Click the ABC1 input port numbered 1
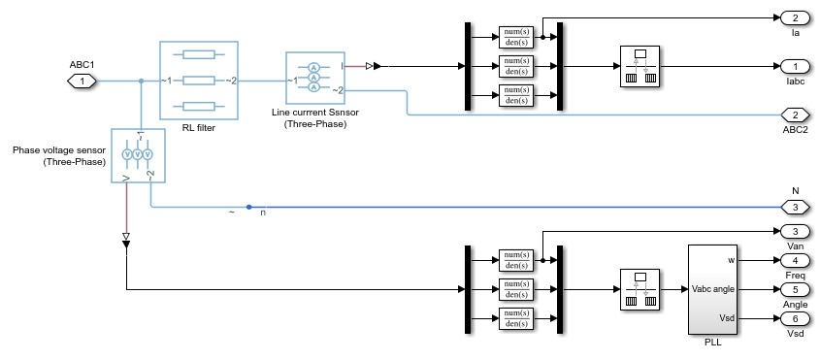pos(82,82)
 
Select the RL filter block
pos(199,81)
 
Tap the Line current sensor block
pos(315,78)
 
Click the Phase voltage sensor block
pos(138,155)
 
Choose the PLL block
pos(712,289)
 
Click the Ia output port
pos(795,18)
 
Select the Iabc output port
pos(795,67)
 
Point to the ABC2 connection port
pos(795,115)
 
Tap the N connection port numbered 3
pos(795,208)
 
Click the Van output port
pos(795,231)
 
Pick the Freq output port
pos(795,260)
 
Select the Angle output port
pos(795,289)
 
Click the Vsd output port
pos(795,318)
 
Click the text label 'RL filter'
pos(199,127)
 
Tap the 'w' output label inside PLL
pos(731,260)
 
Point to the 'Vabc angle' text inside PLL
pos(713,289)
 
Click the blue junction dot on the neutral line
pos(249,208)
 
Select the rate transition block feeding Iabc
pos(640,66)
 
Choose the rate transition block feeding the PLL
pos(640,289)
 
